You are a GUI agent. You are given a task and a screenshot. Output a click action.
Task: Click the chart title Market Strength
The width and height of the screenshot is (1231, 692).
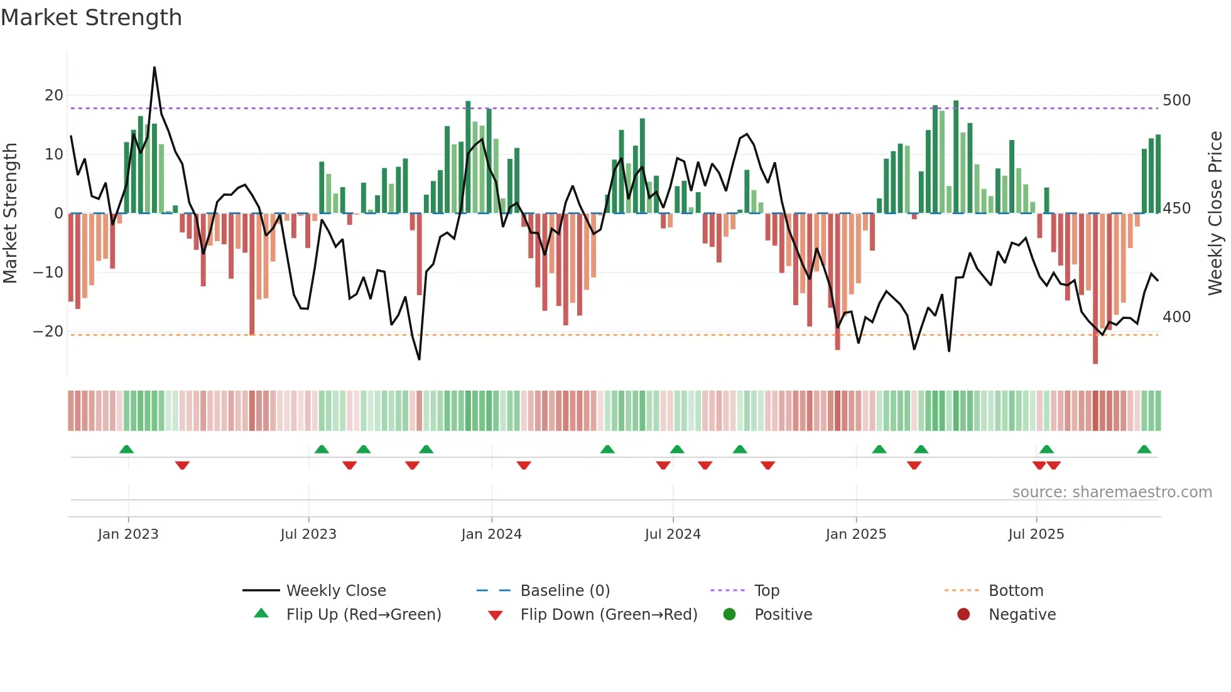[91, 18]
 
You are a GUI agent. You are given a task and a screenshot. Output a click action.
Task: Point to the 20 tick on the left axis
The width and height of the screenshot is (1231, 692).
[54, 95]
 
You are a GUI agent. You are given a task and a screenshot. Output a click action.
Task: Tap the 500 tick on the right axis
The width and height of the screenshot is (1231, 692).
[1176, 100]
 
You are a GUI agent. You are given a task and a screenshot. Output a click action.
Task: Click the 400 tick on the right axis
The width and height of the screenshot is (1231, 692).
[1176, 317]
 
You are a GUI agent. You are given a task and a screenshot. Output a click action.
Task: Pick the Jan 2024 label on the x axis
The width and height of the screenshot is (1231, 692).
[491, 534]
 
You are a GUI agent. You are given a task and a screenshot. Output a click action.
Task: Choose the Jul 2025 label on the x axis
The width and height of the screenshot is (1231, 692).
[1036, 534]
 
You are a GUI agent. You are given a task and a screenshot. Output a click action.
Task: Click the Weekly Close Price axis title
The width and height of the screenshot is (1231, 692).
[1215, 214]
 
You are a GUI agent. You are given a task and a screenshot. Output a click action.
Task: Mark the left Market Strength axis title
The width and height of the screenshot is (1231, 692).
[10, 214]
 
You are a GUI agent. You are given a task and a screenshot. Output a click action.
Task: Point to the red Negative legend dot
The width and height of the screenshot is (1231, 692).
[963, 614]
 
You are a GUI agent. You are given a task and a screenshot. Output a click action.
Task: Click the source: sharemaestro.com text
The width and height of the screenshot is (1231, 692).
[1112, 492]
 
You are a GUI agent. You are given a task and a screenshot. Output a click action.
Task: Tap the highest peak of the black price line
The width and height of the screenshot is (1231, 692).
[155, 68]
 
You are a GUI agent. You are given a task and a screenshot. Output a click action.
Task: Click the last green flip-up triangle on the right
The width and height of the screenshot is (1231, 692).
[1144, 450]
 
